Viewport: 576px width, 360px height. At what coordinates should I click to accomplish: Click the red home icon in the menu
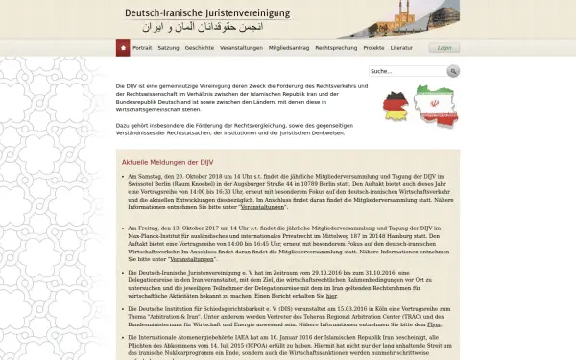123,47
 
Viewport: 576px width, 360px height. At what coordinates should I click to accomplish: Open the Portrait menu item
142,47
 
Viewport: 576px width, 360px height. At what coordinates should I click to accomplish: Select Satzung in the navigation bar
169,47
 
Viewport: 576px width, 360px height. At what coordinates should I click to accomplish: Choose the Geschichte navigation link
200,47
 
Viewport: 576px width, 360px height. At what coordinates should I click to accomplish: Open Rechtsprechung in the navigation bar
333,47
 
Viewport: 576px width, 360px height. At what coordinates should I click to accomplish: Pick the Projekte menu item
373,47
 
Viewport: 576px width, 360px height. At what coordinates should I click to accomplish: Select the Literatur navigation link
403,47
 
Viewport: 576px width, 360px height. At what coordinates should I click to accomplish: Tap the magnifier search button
453,71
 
